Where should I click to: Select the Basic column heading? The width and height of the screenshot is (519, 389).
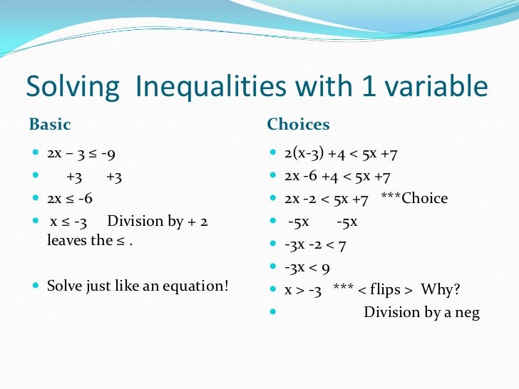[x=49, y=125]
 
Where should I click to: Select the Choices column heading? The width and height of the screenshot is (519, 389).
[x=298, y=125]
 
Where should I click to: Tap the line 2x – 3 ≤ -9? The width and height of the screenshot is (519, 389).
[x=81, y=154]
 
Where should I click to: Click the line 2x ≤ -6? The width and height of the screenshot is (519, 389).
[x=70, y=199]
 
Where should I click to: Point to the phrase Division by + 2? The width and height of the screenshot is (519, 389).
[x=158, y=222]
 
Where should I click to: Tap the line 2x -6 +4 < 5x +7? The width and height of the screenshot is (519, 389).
[x=338, y=176]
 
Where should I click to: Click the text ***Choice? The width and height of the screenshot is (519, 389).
[x=414, y=198]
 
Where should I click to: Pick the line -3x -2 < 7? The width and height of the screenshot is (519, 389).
[x=314, y=244]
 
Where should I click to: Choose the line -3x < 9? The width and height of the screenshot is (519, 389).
[x=307, y=268]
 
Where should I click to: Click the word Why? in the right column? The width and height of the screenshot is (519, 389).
[x=441, y=290]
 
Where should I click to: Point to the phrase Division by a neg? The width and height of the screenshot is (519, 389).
[x=421, y=312]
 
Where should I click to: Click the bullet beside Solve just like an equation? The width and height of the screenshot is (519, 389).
[x=36, y=286]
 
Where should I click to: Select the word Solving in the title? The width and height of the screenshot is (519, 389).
[x=72, y=88]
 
